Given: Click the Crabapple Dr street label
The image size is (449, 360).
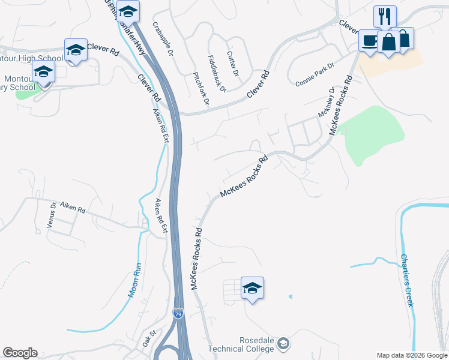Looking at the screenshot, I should [163, 39].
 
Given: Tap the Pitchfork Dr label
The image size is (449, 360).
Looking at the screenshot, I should [200, 89].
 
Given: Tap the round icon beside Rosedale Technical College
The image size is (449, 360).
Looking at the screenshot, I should [283, 344].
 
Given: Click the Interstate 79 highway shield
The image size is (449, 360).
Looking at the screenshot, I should [178, 313].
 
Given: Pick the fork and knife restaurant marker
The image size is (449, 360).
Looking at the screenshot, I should [384, 16].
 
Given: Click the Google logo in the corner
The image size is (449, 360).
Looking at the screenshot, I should [20, 353].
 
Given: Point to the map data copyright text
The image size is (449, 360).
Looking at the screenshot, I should [411, 355].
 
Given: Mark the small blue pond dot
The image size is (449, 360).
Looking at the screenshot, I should [291, 296].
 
